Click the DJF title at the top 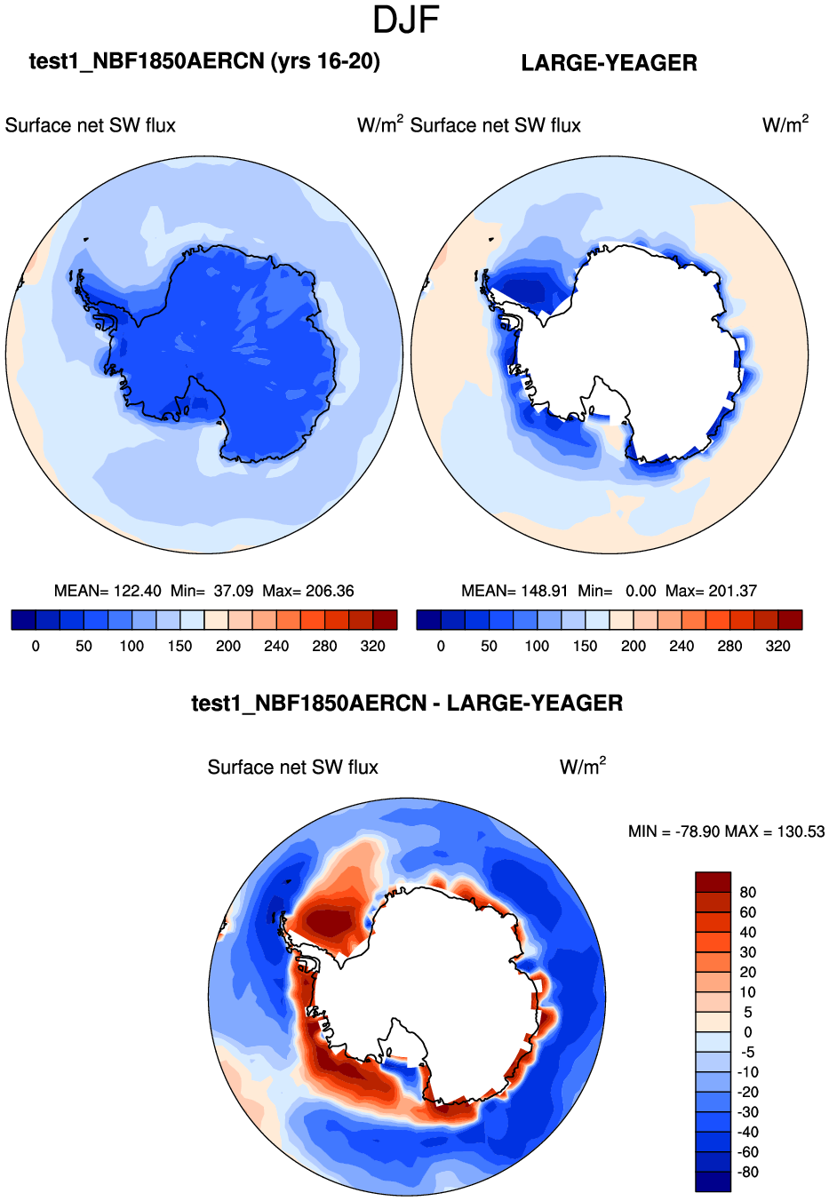tap(406, 20)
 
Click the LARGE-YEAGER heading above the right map tap(609, 63)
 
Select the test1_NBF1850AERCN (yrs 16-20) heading tap(204, 61)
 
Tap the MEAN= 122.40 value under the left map tap(108, 591)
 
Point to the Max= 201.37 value tap(711, 591)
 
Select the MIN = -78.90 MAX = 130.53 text tap(726, 831)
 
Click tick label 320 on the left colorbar tap(373, 646)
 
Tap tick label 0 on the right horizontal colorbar tap(441, 646)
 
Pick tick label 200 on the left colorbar tap(228, 646)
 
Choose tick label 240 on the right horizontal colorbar tap(682, 646)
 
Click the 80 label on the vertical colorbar tap(748, 893)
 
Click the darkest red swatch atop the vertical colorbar tap(713, 882)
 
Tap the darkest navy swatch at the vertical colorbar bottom tap(713, 1181)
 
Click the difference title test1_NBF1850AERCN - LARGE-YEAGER tap(407, 704)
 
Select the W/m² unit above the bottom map tap(583, 767)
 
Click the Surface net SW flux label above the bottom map tap(292, 768)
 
